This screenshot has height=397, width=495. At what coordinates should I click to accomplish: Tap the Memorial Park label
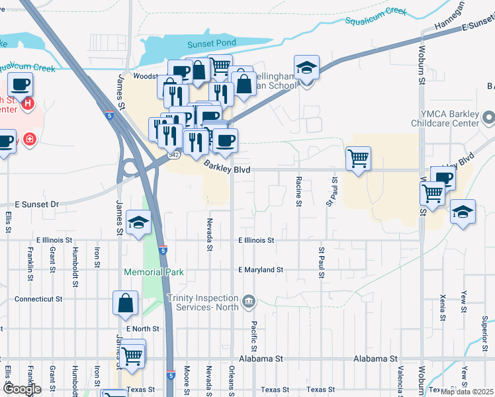154,272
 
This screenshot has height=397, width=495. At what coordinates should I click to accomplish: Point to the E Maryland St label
261,270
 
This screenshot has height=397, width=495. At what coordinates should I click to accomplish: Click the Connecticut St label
38,299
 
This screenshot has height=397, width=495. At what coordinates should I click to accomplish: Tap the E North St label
142,328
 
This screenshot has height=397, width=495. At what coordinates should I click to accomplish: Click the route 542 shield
174,154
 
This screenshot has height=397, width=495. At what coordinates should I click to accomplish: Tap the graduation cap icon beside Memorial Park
138,224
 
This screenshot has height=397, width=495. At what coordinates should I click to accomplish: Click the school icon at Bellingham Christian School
306,68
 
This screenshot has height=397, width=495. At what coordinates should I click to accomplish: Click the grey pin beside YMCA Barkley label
489,118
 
